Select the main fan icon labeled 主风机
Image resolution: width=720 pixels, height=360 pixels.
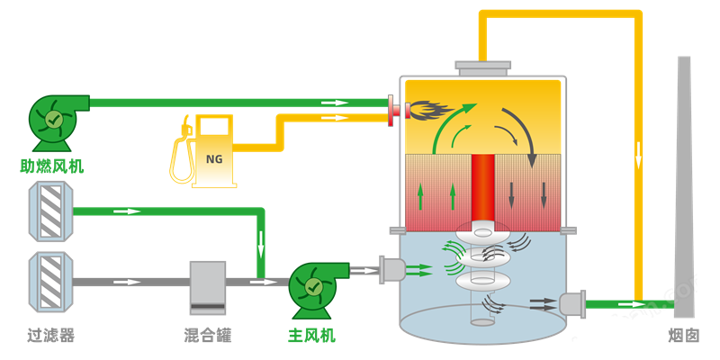point(315,288)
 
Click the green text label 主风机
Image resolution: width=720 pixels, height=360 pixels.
point(311,336)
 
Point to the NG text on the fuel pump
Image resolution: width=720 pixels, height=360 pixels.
point(214,159)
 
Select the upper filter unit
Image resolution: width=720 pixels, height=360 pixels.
point(50,211)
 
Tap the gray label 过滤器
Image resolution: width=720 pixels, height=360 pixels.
point(50,336)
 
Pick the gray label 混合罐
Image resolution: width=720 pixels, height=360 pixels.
point(208,336)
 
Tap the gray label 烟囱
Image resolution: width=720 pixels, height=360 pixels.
point(683,336)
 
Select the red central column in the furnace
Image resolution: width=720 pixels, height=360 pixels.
point(482,189)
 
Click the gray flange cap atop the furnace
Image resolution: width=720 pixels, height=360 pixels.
point(482,66)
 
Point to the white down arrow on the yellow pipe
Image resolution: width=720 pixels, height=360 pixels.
point(639,157)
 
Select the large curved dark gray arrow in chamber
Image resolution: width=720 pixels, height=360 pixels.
point(522,130)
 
